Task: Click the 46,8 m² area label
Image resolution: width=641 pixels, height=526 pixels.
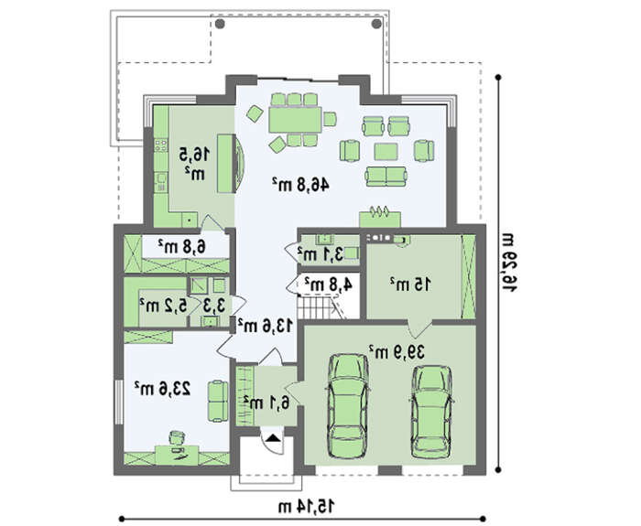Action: (x=300, y=185)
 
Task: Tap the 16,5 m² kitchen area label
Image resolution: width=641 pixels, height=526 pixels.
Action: (x=194, y=164)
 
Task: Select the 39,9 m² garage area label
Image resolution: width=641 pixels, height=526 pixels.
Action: (x=397, y=351)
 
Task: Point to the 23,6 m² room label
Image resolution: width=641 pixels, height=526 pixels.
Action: (x=163, y=388)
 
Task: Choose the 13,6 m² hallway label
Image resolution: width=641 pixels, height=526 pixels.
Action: (x=266, y=326)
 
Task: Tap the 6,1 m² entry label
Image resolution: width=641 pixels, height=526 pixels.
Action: (x=266, y=403)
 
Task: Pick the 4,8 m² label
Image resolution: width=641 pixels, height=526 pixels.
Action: (x=328, y=284)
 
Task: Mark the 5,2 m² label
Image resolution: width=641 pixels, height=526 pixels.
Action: (x=163, y=305)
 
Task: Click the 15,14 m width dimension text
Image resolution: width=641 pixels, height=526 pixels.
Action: (x=306, y=507)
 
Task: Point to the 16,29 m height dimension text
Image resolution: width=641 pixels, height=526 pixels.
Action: (x=509, y=262)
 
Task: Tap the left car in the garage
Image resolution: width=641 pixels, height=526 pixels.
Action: (x=348, y=406)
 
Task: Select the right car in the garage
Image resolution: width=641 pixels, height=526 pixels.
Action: (x=431, y=412)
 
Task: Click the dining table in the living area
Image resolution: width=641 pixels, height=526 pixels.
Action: (x=295, y=120)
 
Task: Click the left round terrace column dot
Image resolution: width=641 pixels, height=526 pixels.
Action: (x=220, y=24)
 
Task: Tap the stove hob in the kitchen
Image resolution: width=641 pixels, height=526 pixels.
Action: (x=160, y=145)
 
